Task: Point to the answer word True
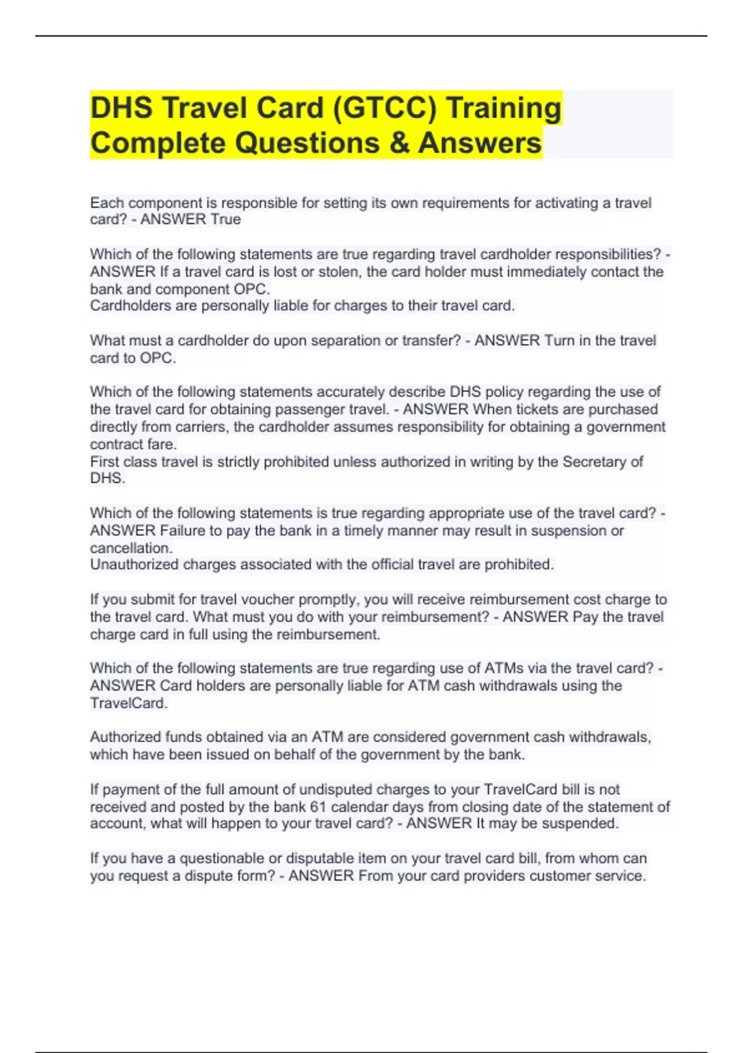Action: (x=225, y=219)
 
